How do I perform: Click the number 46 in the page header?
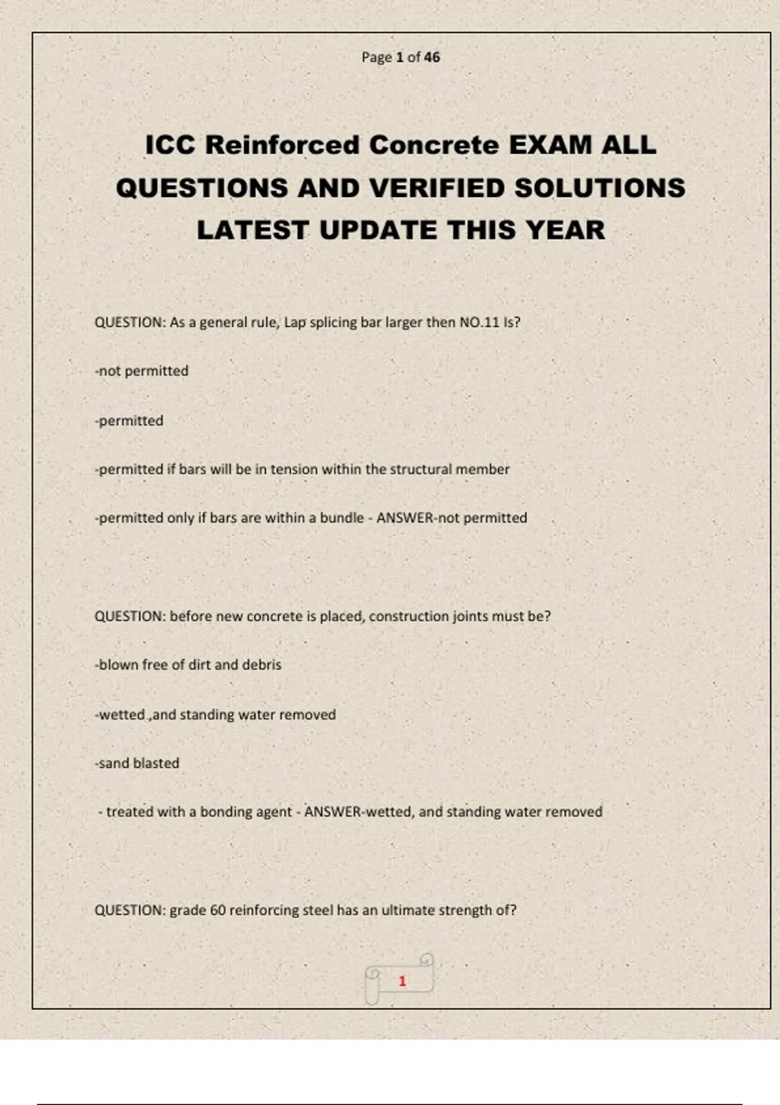(x=432, y=57)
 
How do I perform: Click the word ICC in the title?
(x=170, y=145)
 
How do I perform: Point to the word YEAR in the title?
(x=565, y=230)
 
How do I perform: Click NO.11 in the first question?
(x=479, y=322)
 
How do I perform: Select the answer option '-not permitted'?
(x=142, y=371)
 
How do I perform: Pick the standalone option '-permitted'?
(x=129, y=421)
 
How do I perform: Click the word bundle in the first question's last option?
(x=341, y=518)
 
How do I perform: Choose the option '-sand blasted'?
(x=137, y=763)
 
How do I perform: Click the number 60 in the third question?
(x=218, y=910)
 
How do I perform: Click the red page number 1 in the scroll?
(x=402, y=981)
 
